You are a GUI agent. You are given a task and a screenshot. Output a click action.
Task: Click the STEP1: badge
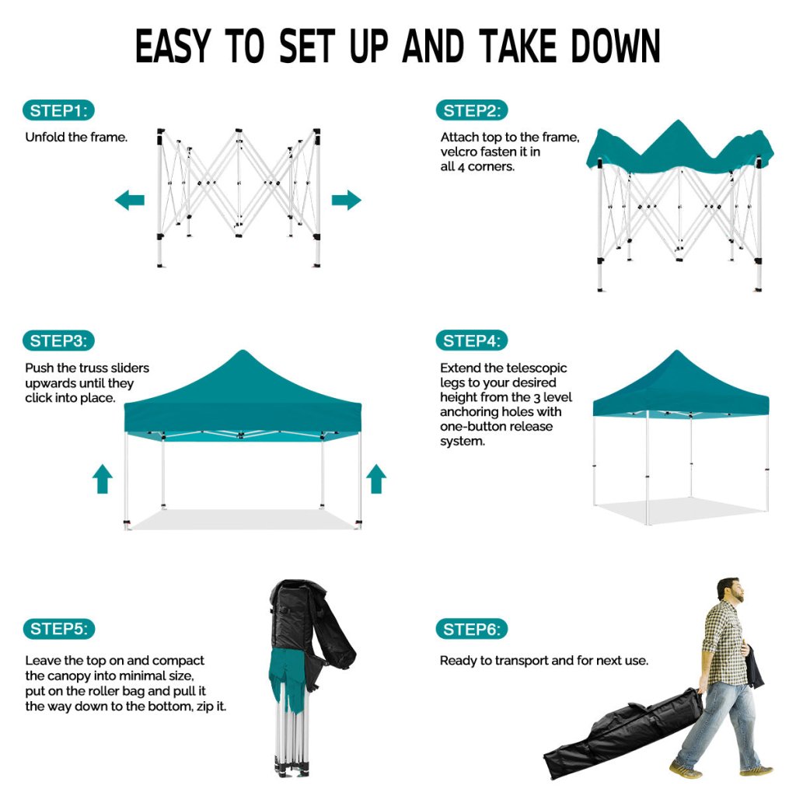click(x=58, y=110)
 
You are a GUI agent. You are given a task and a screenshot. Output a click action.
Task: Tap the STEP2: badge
click(x=472, y=110)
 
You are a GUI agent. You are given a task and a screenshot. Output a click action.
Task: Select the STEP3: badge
click(x=58, y=340)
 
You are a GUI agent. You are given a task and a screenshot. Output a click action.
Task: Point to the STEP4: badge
click(x=472, y=340)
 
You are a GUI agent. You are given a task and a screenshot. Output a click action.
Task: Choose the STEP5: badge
click(x=58, y=629)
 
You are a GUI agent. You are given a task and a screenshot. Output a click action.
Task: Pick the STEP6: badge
click(x=472, y=630)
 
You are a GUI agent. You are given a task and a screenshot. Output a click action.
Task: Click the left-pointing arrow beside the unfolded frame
click(x=130, y=200)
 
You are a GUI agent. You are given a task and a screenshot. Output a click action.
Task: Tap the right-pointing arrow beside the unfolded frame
click(x=346, y=200)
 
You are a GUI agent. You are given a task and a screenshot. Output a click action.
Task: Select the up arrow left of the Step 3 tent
click(x=103, y=478)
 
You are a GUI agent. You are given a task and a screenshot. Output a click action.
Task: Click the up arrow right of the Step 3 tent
click(x=376, y=478)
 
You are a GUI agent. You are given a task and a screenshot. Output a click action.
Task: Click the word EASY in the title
click(x=173, y=46)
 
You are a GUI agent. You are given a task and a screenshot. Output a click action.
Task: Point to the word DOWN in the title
click(x=616, y=46)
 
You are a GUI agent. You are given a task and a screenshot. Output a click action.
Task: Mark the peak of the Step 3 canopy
click(x=243, y=351)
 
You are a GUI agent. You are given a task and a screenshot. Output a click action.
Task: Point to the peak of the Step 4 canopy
click(x=677, y=351)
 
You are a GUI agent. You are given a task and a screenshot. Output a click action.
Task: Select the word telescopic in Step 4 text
click(x=536, y=368)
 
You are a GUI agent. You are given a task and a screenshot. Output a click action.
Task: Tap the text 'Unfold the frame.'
click(x=76, y=137)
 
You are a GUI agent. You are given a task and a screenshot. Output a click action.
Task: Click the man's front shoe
click(x=685, y=769)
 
